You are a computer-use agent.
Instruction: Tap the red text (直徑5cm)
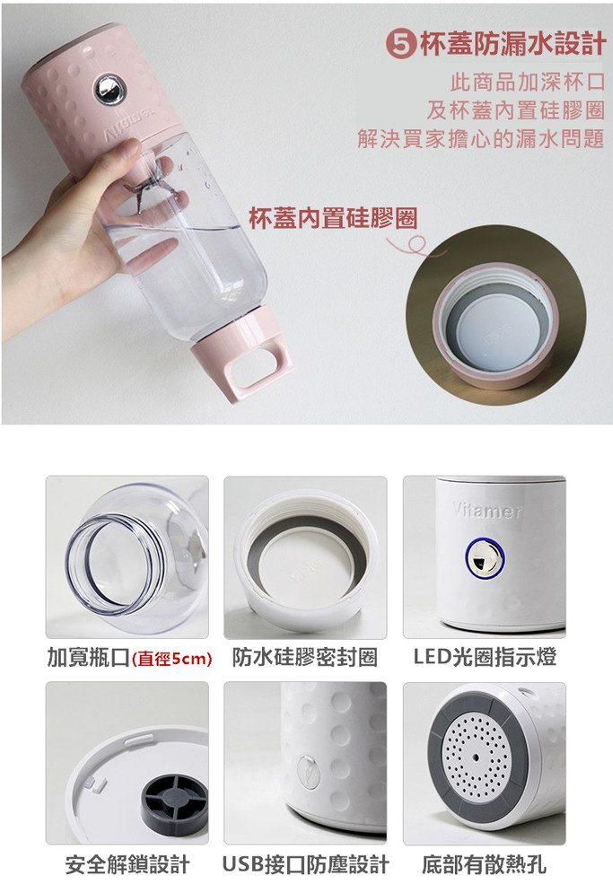(171, 659)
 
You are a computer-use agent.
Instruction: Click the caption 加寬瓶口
(89, 657)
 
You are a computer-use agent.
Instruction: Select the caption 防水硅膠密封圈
(304, 657)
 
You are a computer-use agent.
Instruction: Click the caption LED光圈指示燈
(485, 657)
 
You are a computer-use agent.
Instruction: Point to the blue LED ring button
(485, 558)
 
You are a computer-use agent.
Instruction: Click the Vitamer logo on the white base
(487, 511)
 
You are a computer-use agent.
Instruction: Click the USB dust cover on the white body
(308, 771)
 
